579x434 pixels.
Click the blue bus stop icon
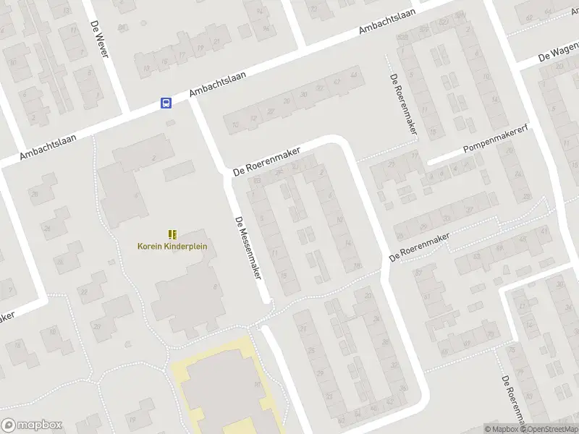(166, 103)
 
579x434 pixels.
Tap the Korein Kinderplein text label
(172, 246)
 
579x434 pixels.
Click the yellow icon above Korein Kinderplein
(172, 234)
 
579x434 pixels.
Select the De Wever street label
(98, 39)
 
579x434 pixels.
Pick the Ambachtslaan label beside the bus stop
(218, 85)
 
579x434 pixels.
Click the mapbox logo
(32, 425)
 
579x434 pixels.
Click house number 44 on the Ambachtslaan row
(353, 75)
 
